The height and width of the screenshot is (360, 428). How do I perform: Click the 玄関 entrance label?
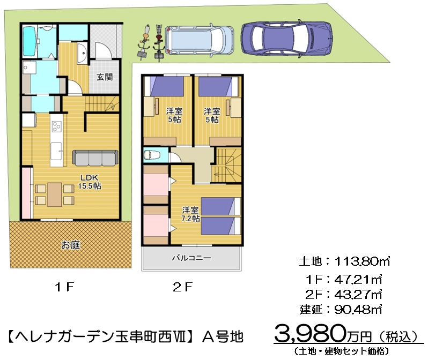[x=105, y=77]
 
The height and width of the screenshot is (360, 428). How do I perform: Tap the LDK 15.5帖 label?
[x=90, y=182]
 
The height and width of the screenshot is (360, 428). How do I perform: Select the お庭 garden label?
[x=71, y=245]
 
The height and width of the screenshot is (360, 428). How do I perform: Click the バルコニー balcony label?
[x=191, y=258]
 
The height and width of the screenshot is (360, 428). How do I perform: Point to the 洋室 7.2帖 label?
[x=191, y=214]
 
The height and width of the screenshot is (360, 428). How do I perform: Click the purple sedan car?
[x=286, y=39]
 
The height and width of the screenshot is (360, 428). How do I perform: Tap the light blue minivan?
[x=199, y=40]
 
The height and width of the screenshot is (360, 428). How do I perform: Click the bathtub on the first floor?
[x=29, y=41]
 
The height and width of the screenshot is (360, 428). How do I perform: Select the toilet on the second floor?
[x=149, y=155]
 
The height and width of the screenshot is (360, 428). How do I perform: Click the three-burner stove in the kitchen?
[x=56, y=126]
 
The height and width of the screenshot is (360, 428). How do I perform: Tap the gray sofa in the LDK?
[x=95, y=158]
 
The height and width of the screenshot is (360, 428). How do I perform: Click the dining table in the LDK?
[x=55, y=194]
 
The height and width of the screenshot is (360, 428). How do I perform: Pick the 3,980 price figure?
[x=310, y=333]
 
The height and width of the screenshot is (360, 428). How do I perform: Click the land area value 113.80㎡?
[x=362, y=261]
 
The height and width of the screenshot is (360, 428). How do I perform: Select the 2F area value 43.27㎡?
[x=358, y=294]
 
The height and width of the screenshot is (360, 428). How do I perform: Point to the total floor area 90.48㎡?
[x=358, y=310]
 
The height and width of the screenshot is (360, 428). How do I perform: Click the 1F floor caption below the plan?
[x=65, y=287]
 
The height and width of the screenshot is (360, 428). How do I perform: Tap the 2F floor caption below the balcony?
[x=183, y=287]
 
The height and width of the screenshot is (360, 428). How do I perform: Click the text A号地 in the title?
[x=223, y=336]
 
